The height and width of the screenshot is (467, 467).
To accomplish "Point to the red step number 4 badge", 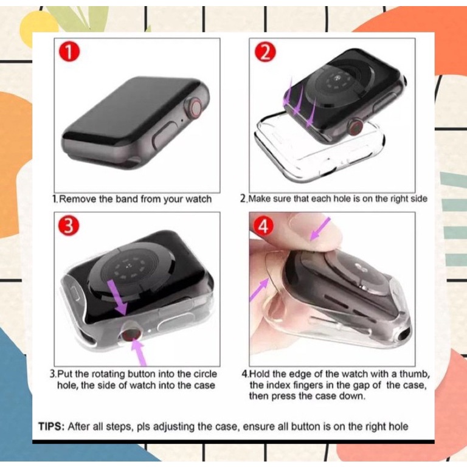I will (x=265, y=226).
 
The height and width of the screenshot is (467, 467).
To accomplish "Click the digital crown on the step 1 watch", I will (x=196, y=109).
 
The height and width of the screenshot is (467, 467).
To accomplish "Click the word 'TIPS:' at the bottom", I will (x=50, y=426).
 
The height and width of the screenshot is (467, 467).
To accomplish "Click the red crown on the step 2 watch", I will (x=355, y=126).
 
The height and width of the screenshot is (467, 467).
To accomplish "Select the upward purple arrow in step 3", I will (x=139, y=353).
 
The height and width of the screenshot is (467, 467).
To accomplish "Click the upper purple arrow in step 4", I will (x=320, y=230).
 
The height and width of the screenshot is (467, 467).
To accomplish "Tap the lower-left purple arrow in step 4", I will (x=260, y=289).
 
